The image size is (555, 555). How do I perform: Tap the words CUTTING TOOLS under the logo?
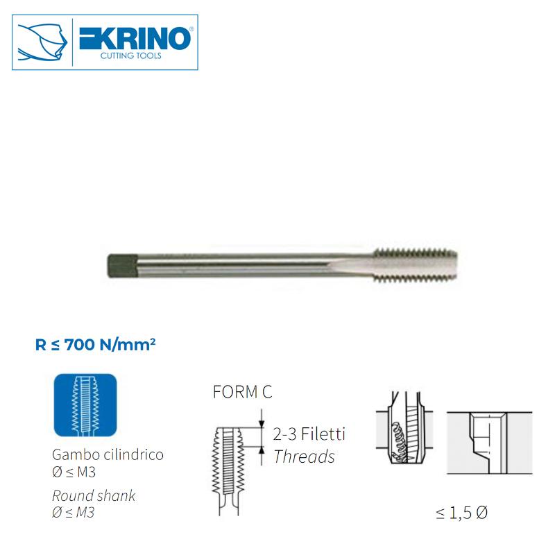(131, 56)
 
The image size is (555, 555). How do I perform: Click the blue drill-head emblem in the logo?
(43, 43)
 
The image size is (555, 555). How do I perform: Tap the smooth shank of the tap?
(243, 264)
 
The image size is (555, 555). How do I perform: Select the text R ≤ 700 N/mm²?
(95, 344)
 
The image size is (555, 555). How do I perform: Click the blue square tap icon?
(85, 406)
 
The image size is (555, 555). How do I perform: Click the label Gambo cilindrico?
(108, 456)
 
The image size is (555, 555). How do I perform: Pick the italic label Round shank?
(94, 496)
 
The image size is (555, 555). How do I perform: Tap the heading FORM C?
(242, 393)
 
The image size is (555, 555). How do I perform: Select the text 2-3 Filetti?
(309, 435)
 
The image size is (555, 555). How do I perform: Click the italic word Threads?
(304, 456)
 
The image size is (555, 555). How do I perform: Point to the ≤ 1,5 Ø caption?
(462, 514)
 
